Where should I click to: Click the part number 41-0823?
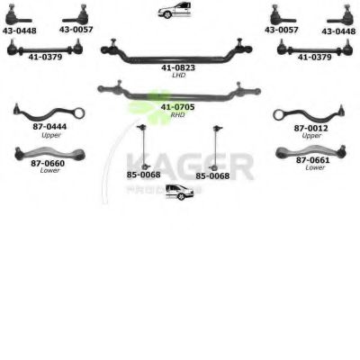click(178, 67)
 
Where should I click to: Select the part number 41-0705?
click(177, 107)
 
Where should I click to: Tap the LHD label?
click(179, 75)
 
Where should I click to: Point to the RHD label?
click(177, 114)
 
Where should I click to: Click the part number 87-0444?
click(49, 127)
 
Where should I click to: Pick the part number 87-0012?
click(311, 129)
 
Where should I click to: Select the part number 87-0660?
click(48, 163)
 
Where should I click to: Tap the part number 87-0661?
click(313, 160)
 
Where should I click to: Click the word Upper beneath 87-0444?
click(51, 135)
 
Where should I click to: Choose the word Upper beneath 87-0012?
click(311, 136)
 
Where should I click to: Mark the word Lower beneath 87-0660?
click(49, 170)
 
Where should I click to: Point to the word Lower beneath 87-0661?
click(315, 167)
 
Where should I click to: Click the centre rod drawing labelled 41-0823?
click(176, 58)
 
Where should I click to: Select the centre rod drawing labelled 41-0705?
click(179, 96)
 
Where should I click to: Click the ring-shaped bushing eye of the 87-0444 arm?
click(79, 113)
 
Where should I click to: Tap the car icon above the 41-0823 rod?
click(175, 10)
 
